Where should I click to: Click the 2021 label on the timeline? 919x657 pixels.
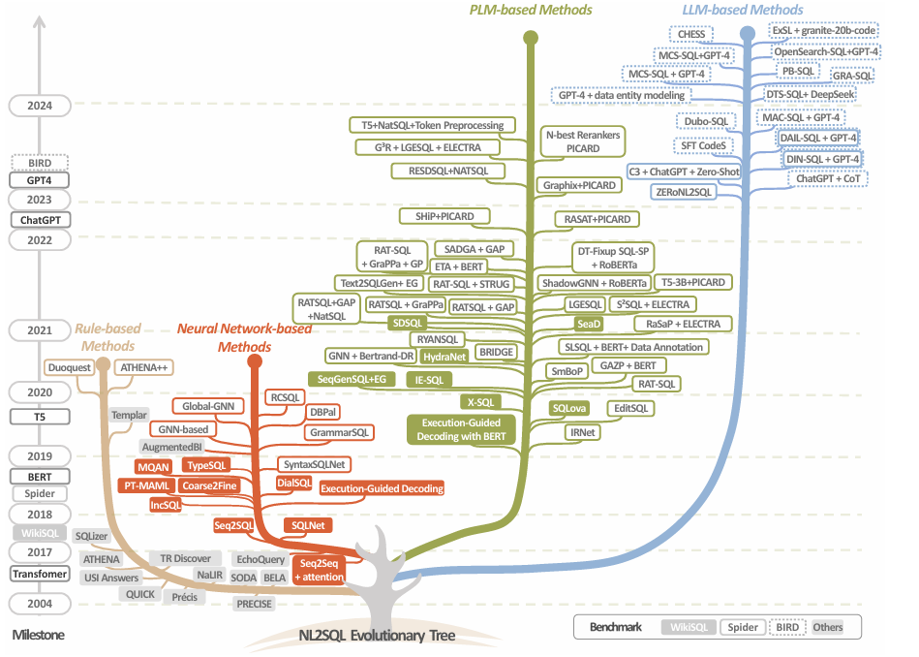[x=41, y=330]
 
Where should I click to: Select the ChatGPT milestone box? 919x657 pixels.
[x=41, y=220]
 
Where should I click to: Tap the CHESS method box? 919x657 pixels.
[x=691, y=35]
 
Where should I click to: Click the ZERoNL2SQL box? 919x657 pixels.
[x=685, y=192]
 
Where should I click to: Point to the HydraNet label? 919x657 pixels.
[x=444, y=357]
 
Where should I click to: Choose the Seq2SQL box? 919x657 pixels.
[x=233, y=525]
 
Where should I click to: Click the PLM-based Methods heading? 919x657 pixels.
[x=531, y=10]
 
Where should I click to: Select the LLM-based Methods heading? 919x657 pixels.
[x=743, y=10]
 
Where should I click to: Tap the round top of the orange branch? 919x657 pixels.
[x=255, y=362]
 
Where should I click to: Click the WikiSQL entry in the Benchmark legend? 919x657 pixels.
[x=689, y=627]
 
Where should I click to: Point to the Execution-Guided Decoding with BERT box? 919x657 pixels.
[x=462, y=429]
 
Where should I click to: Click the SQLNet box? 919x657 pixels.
[x=307, y=525]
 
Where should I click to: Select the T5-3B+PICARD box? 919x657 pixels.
[x=692, y=282]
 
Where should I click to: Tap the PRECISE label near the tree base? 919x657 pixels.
[x=255, y=604]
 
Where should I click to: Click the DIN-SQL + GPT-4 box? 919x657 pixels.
[x=822, y=159]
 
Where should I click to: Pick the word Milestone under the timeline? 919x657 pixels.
[x=39, y=636]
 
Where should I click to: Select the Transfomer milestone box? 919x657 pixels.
[x=41, y=574]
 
